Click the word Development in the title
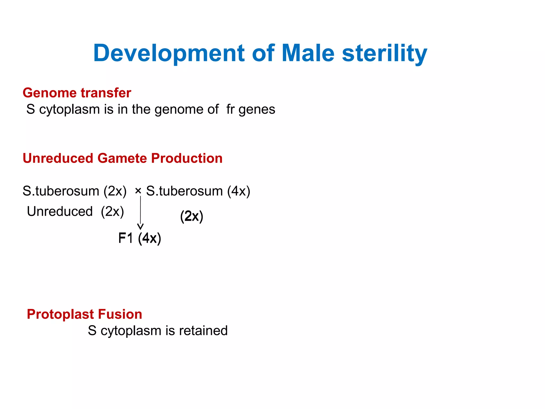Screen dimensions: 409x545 [x=169, y=53]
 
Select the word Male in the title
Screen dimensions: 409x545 [x=308, y=53]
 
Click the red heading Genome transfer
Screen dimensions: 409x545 [x=77, y=93]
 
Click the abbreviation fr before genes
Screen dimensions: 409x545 [x=230, y=109]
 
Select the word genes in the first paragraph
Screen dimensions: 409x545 [x=257, y=110]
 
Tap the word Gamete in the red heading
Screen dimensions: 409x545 [x=122, y=158]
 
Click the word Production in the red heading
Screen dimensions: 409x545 [x=187, y=158]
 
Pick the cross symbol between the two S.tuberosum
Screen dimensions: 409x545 [x=138, y=191]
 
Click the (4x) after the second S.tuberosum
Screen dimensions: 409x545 [x=238, y=191]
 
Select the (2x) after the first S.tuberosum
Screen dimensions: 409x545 [x=115, y=191]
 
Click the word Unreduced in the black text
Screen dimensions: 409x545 [x=60, y=211]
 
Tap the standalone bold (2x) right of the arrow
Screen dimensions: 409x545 [x=192, y=216]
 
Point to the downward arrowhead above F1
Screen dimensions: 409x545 [x=140, y=227]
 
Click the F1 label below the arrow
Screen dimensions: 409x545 [x=126, y=238]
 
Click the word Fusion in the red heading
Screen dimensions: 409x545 [x=125, y=314]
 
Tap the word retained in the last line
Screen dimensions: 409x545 [x=203, y=331]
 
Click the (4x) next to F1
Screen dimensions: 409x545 [x=150, y=238]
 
